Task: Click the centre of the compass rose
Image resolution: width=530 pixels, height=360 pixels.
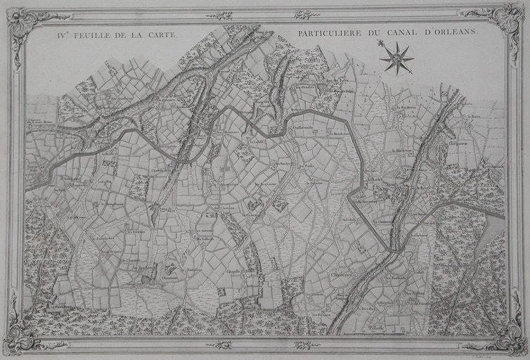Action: [x=397, y=57]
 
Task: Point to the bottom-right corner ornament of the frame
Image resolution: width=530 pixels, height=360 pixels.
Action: [x=505, y=337]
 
